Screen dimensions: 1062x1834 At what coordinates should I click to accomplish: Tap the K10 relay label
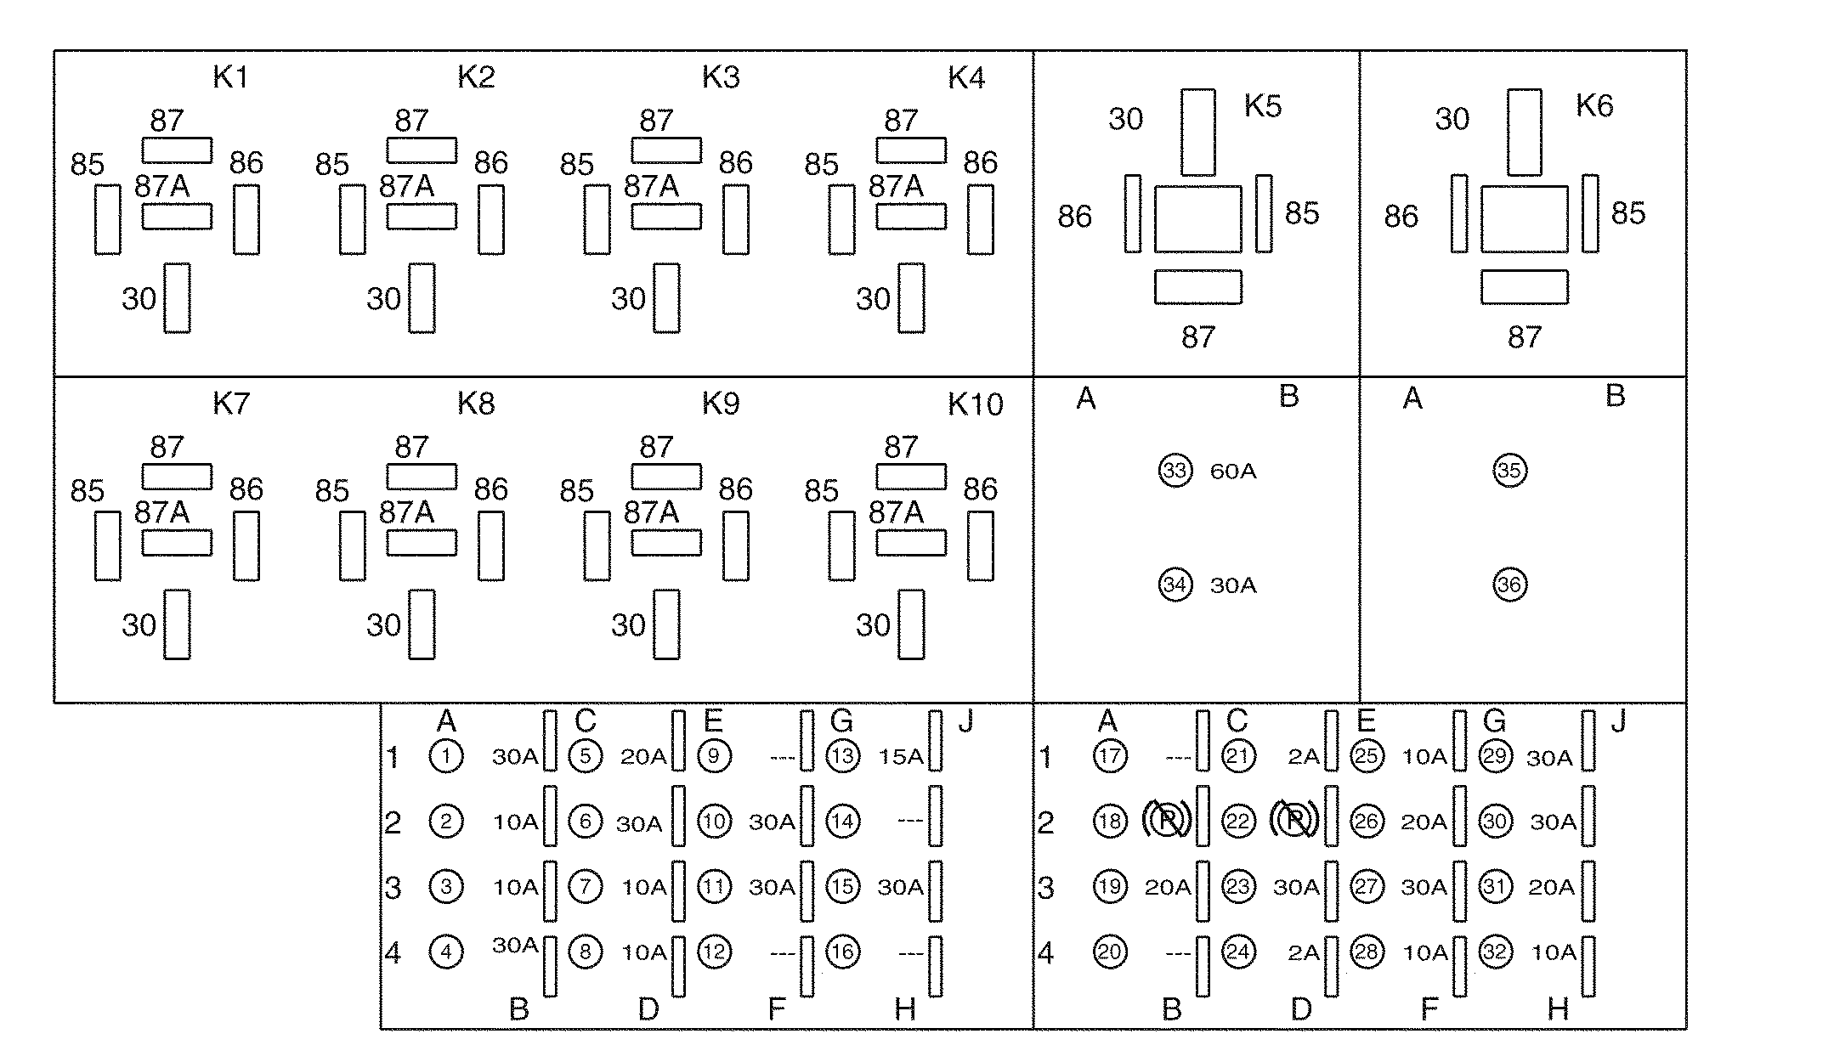pyautogui.click(x=975, y=404)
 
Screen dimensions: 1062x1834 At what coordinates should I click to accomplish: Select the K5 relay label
pyautogui.click(x=1262, y=106)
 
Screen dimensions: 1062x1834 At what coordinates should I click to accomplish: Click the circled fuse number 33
pyautogui.click(x=1175, y=470)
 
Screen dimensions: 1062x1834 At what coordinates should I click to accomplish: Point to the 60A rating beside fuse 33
pyautogui.click(x=1232, y=472)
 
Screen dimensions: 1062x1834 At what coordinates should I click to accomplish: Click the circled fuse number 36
pyautogui.click(x=1509, y=585)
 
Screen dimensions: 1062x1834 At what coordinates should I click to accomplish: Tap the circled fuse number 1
pyautogui.click(x=446, y=756)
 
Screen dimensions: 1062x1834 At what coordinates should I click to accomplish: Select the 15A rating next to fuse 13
pyautogui.click(x=901, y=757)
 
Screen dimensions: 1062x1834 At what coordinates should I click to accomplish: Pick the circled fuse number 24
pyautogui.click(x=1238, y=952)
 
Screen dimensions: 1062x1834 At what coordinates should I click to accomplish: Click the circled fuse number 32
pyautogui.click(x=1495, y=952)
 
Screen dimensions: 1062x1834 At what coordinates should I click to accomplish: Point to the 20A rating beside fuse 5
pyautogui.click(x=642, y=757)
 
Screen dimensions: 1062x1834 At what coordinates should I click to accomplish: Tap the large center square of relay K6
pyautogui.click(x=1525, y=218)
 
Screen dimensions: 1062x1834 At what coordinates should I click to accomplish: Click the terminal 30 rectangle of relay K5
pyautogui.click(x=1197, y=132)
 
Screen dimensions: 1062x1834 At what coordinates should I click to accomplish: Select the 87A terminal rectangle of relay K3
pyautogui.click(x=666, y=217)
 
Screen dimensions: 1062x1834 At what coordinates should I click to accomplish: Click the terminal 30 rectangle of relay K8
pyautogui.click(x=422, y=624)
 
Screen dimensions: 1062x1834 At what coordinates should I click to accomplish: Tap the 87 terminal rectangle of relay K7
pyautogui.click(x=177, y=477)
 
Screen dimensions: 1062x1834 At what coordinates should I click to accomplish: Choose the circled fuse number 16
pyautogui.click(x=842, y=952)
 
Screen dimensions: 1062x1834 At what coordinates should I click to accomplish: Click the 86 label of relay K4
pyautogui.click(x=980, y=162)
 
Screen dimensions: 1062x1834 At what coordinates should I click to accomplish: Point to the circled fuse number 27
pyautogui.click(x=1367, y=887)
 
